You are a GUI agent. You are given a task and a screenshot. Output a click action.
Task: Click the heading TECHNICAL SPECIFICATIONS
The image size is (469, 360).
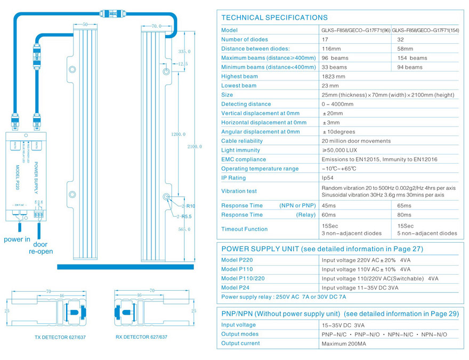[x=274, y=18]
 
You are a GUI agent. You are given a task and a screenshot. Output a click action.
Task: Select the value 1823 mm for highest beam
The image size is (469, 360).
[x=334, y=76]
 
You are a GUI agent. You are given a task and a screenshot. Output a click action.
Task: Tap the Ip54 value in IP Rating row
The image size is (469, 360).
[x=328, y=178]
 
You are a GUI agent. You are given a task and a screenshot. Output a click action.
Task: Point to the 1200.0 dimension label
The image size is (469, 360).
[x=179, y=134]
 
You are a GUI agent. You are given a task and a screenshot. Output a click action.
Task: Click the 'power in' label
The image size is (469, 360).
[x=17, y=239]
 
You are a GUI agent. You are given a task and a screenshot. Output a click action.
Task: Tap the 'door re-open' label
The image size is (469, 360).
[x=41, y=247]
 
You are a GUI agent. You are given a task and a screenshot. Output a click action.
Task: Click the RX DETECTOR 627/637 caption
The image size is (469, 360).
[x=141, y=337]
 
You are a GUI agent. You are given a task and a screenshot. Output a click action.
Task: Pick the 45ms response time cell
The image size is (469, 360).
[x=329, y=205]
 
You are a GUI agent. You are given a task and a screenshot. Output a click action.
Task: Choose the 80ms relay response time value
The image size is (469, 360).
[x=404, y=215]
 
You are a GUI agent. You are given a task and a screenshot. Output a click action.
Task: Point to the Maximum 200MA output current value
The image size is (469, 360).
[x=343, y=344]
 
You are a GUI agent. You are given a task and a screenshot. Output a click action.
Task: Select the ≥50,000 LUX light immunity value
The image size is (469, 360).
[x=339, y=150]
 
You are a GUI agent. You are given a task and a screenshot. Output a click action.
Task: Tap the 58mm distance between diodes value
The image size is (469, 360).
[x=406, y=49]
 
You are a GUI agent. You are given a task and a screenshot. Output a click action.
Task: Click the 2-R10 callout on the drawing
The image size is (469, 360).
[x=188, y=206]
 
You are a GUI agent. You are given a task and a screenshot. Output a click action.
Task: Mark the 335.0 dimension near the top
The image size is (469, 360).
[x=184, y=52]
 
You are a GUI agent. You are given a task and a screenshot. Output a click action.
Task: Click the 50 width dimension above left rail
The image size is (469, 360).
[x=85, y=25]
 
